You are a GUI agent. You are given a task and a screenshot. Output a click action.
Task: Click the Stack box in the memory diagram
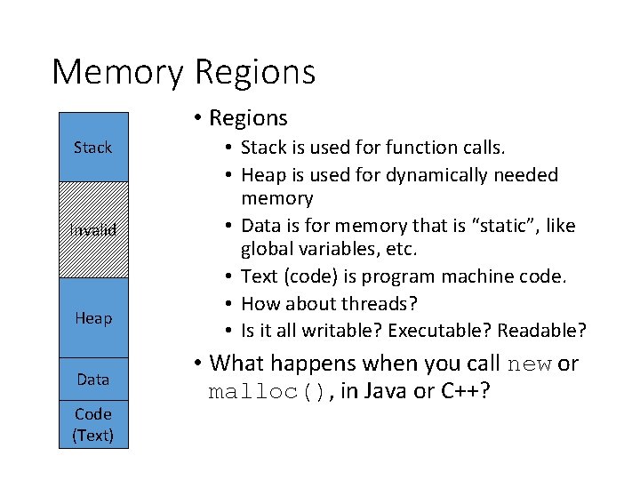pos(93,148)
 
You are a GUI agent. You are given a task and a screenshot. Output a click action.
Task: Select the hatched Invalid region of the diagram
pos(93,230)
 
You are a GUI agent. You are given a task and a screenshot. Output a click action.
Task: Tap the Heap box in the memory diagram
pos(93,317)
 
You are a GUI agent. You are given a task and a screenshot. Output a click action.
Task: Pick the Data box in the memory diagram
pos(93,380)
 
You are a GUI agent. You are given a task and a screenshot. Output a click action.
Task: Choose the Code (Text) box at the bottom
pos(93,424)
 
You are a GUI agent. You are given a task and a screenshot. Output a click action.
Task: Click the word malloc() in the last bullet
pos(265,392)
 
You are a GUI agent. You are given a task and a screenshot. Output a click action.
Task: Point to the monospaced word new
pos(531,364)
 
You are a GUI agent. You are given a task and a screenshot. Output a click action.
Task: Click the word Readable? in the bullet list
pos(542,331)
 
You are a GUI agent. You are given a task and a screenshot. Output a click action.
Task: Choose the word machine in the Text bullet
pos(460,276)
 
